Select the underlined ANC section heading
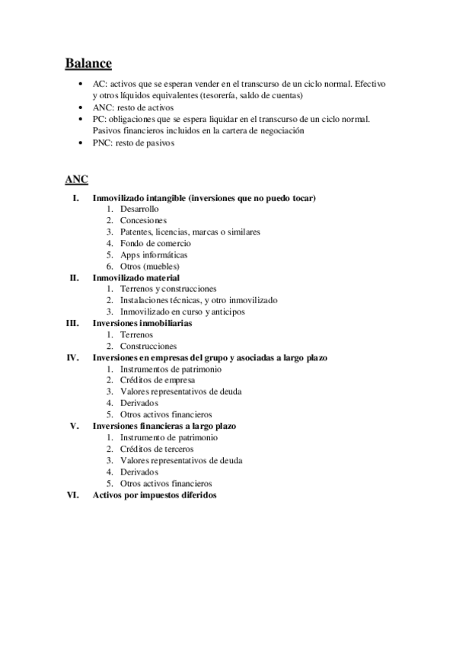(76, 179)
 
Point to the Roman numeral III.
(73, 323)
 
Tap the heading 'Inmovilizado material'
(136, 277)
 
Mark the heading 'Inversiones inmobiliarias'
(142, 323)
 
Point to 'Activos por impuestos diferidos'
(155, 494)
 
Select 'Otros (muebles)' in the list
(149, 266)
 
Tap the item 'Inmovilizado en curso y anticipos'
(183, 312)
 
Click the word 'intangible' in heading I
(162, 197)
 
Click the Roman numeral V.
(75, 426)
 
